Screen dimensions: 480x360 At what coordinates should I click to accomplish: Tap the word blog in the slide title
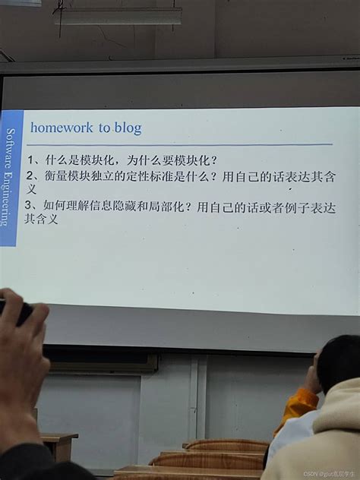128,128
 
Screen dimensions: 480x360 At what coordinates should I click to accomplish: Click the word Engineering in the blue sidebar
9,194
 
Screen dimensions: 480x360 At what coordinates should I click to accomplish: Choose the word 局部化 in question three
165,206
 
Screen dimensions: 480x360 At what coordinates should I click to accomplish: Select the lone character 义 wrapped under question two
31,190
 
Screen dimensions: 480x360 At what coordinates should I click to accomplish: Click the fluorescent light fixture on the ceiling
118,16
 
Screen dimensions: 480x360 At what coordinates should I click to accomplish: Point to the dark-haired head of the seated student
339,365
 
